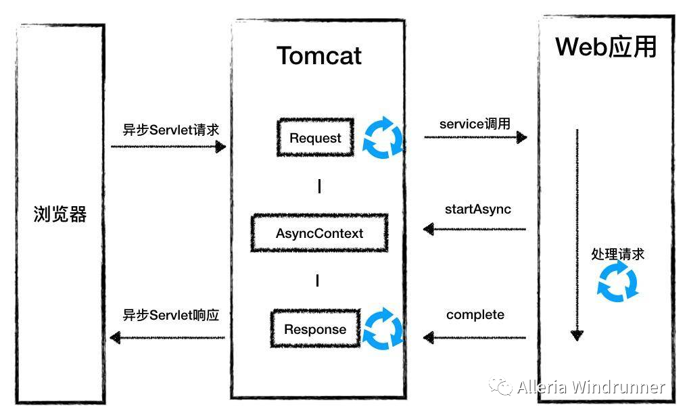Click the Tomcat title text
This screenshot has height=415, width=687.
tap(319, 56)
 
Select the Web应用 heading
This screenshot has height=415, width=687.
tap(606, 47)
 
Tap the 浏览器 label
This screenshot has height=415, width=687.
tap(60, 214)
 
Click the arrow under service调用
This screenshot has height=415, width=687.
tap(475, 137)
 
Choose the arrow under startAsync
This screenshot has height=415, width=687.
tap(475, 229)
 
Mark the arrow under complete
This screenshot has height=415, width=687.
tap(475, 337)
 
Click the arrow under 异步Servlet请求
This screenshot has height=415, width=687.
tap(168, 147)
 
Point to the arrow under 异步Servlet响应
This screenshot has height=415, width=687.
tap(168, 337)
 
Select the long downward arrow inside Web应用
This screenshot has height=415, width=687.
tap(577, 235)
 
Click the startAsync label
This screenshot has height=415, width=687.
tap(478, 210)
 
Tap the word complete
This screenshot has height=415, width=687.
tap(475, 315)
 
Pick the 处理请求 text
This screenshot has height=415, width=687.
tap(618, 254)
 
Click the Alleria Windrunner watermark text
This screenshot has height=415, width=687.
tap(591, 387)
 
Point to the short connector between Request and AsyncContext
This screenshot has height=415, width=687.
tap(319, 186)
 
